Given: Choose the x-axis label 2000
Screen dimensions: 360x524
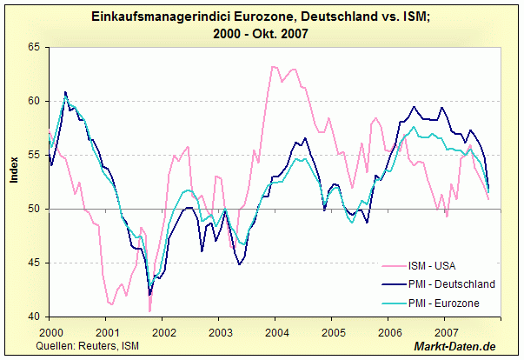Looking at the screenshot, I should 50,333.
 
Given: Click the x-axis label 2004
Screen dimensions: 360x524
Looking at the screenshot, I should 276,333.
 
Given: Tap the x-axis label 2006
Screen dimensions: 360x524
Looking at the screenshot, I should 389,333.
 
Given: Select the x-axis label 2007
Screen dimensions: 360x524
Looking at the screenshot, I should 446,333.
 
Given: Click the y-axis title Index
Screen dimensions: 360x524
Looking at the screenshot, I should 13,170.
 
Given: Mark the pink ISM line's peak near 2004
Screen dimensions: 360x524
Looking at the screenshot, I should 273,66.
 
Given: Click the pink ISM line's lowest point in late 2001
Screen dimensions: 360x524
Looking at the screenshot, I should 149,310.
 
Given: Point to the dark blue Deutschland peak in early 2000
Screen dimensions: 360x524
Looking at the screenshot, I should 65,91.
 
